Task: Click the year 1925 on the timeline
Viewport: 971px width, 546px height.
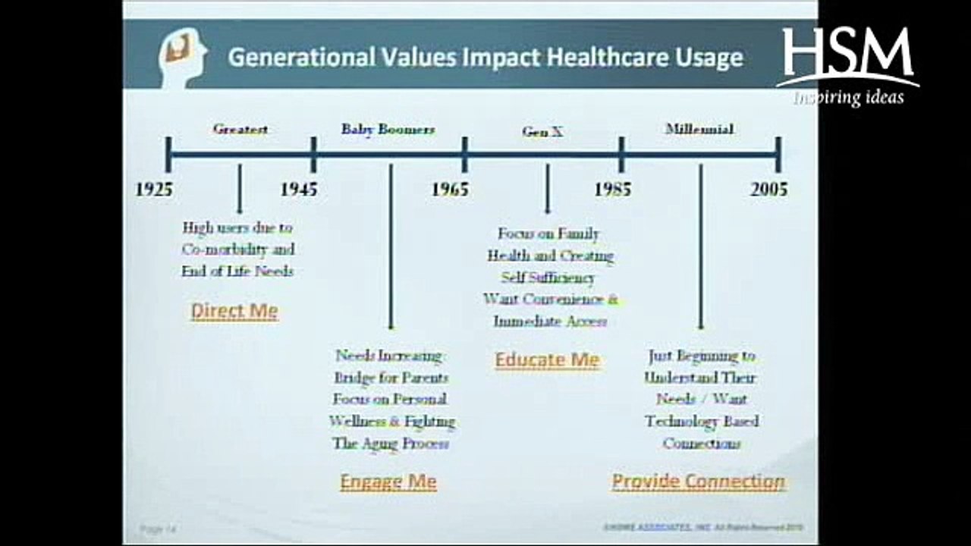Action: coord(154,189)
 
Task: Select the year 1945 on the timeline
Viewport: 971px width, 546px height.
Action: coord(299,189)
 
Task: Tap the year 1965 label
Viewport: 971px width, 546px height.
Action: coord(450,189)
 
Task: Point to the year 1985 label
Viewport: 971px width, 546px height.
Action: coord(612,189)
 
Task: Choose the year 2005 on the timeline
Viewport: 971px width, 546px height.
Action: coord(769,189)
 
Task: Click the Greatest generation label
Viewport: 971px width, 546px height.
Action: coord(240,129)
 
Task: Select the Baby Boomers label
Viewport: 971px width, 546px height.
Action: coord(388,129)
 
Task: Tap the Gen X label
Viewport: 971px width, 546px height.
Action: coord(542,131)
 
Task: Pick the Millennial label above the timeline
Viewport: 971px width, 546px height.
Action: coord(699,129)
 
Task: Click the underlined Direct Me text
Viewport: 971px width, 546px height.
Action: coord(234,311)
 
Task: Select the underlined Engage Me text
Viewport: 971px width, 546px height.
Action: coord(388,482)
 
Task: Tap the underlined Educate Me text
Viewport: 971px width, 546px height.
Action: coord(547,359)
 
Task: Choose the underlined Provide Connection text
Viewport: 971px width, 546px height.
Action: coord(699,482)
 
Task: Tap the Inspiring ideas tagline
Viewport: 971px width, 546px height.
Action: coord(849,97)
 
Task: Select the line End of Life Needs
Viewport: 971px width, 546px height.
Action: coord(237,271)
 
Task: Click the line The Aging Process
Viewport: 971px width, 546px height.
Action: coord(391,444)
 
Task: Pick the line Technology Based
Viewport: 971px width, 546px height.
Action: coord(702,421)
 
